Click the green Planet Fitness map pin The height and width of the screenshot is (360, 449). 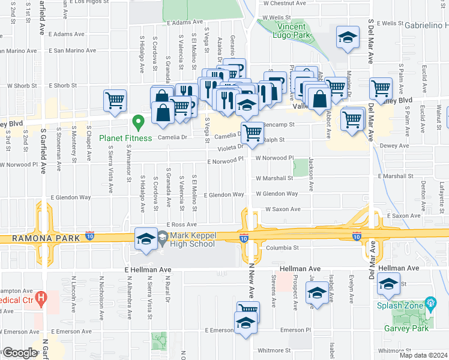(139, 124)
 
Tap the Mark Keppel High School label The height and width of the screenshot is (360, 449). (191, 240)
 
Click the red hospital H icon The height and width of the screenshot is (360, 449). (41, 297)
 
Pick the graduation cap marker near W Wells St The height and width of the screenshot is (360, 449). (346, 38)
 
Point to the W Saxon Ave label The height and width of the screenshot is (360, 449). (282, 209)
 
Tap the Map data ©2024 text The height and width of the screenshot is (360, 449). (423, 355)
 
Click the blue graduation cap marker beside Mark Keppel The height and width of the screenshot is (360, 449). (146, 239)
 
